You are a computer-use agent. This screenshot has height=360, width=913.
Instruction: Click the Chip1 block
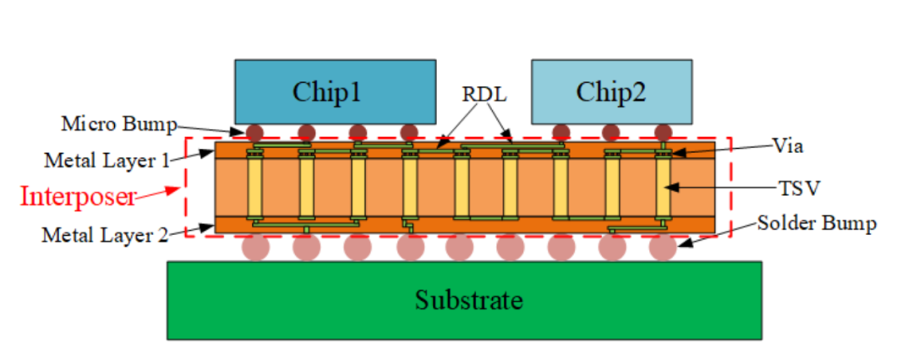coord(336,91)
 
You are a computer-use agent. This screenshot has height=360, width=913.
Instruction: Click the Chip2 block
coord(611,91)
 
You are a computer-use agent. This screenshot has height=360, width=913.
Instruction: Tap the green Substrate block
coord(464,300)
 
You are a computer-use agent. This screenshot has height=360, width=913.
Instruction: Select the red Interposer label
coord(78,196)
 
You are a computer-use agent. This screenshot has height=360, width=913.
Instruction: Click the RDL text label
coord(484,94)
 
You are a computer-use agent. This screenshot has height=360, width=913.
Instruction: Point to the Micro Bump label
coord(119,124)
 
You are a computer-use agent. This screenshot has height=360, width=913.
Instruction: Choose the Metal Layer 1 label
coord(107,159)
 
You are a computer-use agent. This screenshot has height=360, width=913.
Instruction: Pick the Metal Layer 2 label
coord(104,235)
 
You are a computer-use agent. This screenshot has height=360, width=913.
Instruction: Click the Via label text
coord(787,145)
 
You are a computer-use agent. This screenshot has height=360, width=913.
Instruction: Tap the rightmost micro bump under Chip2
coord(663,132)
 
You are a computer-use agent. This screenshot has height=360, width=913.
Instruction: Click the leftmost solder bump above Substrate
coord(255,247)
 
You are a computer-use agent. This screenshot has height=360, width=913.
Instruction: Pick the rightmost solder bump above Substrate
coord(663,247)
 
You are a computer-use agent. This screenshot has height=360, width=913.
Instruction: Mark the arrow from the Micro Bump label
coord(213,129)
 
